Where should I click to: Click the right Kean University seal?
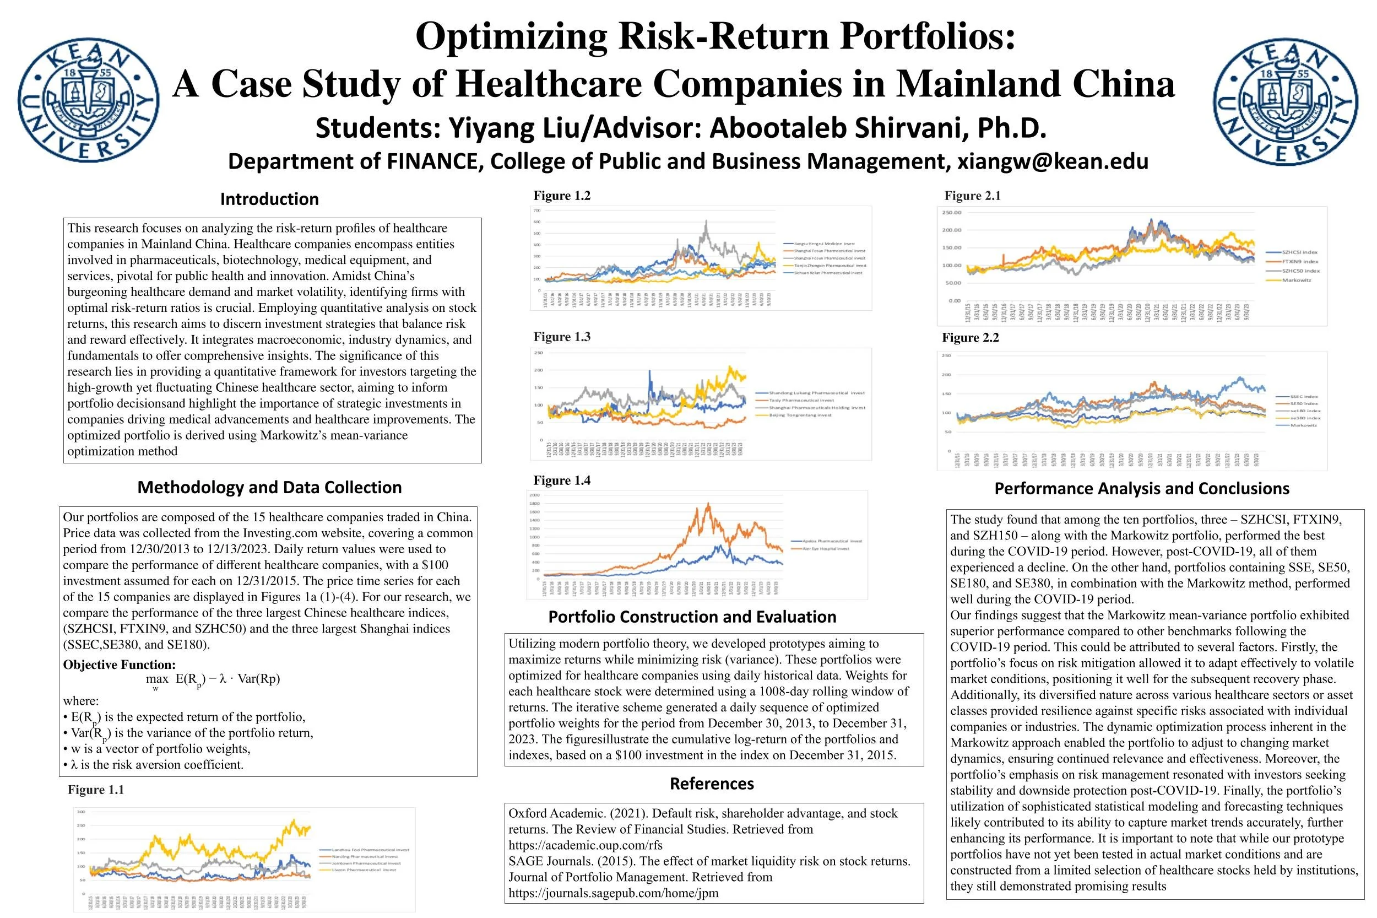pos(1286,100)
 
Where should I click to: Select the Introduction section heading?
pos(269,199)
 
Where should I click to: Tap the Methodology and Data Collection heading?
pos(269,487)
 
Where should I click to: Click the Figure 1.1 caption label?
pos(96,790)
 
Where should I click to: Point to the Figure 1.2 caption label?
pos(562,196)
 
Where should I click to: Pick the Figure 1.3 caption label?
pos(562,337)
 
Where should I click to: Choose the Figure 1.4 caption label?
pos(562,480)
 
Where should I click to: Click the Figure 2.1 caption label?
pos(973,196)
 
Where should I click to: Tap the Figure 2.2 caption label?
pos(971,338)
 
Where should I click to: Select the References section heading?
pos(712,784)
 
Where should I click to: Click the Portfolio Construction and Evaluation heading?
pos(692,617)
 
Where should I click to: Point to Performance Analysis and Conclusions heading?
pos(1142,488)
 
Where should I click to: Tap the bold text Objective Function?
pos(120,665)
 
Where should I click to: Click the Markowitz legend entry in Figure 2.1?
pos(1297,280)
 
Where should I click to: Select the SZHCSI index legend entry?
pos(1300,252)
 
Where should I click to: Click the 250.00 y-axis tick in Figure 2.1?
pos(952,213)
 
